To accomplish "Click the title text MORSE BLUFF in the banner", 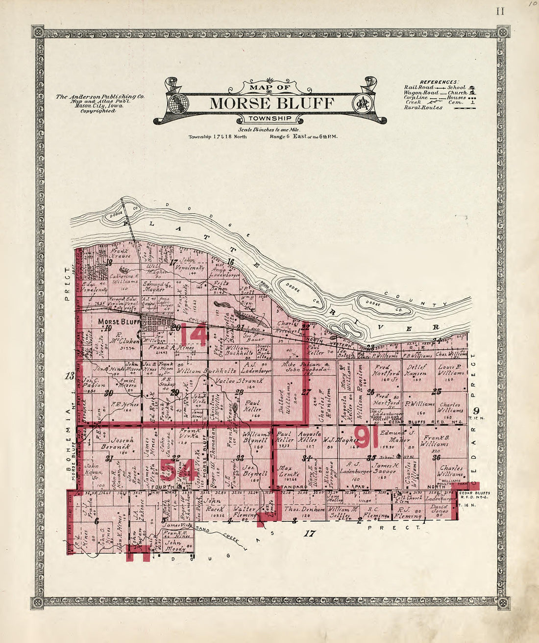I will click(x=272, y=103).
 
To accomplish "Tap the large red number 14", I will click(x=194, y=336).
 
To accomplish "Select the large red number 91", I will click(x=367, y=437).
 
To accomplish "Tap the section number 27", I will click(x=306, y=391).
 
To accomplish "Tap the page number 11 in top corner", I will click(x=499, y=11).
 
